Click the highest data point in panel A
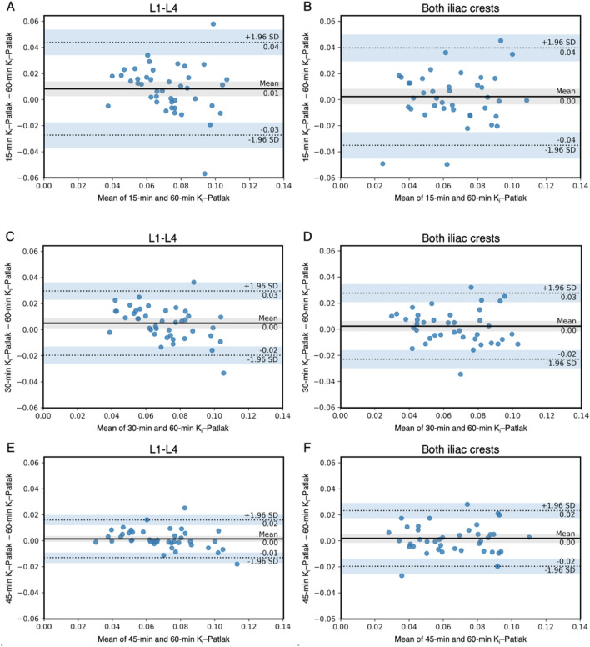(213, 24)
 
